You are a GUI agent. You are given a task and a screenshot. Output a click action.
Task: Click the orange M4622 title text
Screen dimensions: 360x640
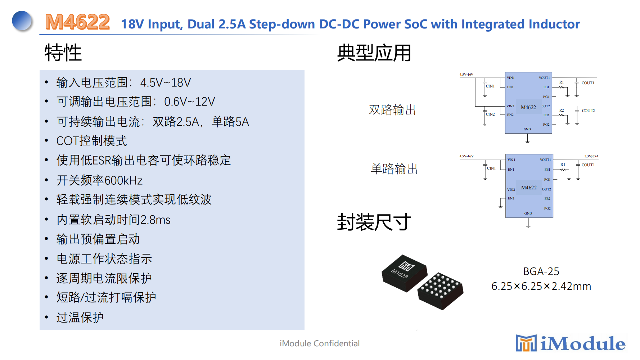point(77,22)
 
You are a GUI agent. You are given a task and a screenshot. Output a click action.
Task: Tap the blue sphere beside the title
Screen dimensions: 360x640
point(22,21)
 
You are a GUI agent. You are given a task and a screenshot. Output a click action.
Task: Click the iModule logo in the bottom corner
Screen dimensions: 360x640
point(571,343)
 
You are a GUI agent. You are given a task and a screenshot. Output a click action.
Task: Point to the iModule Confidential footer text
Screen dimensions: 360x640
point(320,343)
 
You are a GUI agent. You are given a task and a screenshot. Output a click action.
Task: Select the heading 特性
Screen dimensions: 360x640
point(63,53)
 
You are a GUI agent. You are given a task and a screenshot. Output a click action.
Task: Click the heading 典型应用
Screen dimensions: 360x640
point(374,53)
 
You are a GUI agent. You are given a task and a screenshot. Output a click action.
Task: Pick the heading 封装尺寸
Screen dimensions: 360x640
point(374,222)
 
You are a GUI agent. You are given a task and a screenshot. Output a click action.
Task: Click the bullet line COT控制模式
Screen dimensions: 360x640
point(91,141)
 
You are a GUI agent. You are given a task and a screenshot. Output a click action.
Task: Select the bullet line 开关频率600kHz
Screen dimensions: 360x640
point(99,180)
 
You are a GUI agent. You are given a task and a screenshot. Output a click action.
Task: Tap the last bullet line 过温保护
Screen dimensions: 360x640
point(80,317)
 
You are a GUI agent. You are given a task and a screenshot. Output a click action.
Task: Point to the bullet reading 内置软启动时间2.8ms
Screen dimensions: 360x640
point(113,219)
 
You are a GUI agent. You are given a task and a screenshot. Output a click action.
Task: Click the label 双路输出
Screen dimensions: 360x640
point(392,110)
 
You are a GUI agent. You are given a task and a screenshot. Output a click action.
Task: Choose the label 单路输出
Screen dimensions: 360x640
point(394,169)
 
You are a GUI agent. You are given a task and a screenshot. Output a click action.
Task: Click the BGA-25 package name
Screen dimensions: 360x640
point(541,271)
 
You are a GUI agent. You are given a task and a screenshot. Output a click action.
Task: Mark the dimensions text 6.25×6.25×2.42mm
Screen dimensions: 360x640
point(541,286)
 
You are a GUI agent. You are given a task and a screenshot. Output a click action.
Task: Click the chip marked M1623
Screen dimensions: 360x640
point(404,273)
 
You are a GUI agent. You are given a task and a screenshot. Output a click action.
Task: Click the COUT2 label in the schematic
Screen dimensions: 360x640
point(588,111)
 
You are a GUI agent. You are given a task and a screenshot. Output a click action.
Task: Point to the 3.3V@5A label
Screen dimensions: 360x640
point(591,156)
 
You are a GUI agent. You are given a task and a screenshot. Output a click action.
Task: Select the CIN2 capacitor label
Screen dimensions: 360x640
point(490,114)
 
